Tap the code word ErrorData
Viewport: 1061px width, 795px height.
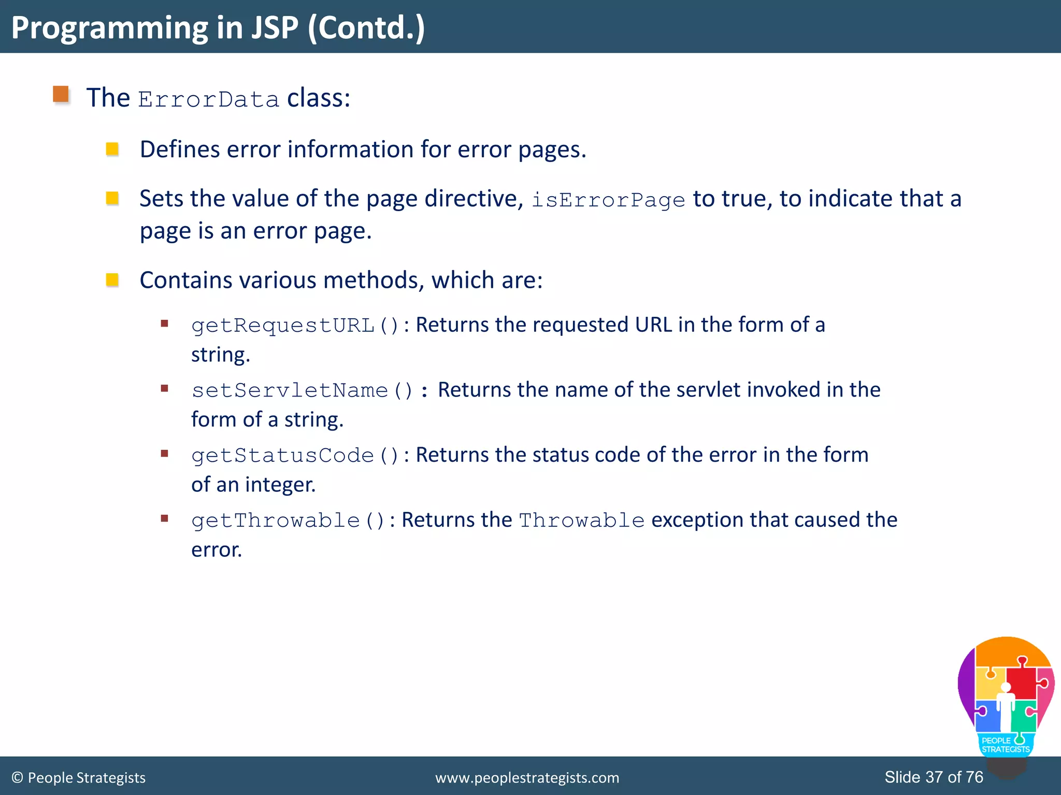[208, 99]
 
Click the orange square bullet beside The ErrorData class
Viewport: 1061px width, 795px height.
[61, 94]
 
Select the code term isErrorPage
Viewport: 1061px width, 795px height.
[608, 200]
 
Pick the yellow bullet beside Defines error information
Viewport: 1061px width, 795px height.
[112, 150]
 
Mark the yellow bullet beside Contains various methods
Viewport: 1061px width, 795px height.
[112, 280]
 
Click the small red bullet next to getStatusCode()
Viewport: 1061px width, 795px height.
[165, 454]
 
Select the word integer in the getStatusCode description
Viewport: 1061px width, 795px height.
[280, 485]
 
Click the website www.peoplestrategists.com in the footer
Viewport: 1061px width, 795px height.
[527, 777]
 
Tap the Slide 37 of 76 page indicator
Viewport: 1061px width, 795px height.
[934, 777]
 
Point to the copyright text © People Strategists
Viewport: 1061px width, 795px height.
[79, 777]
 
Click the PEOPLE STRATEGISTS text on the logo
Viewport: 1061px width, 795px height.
[1005, 745]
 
